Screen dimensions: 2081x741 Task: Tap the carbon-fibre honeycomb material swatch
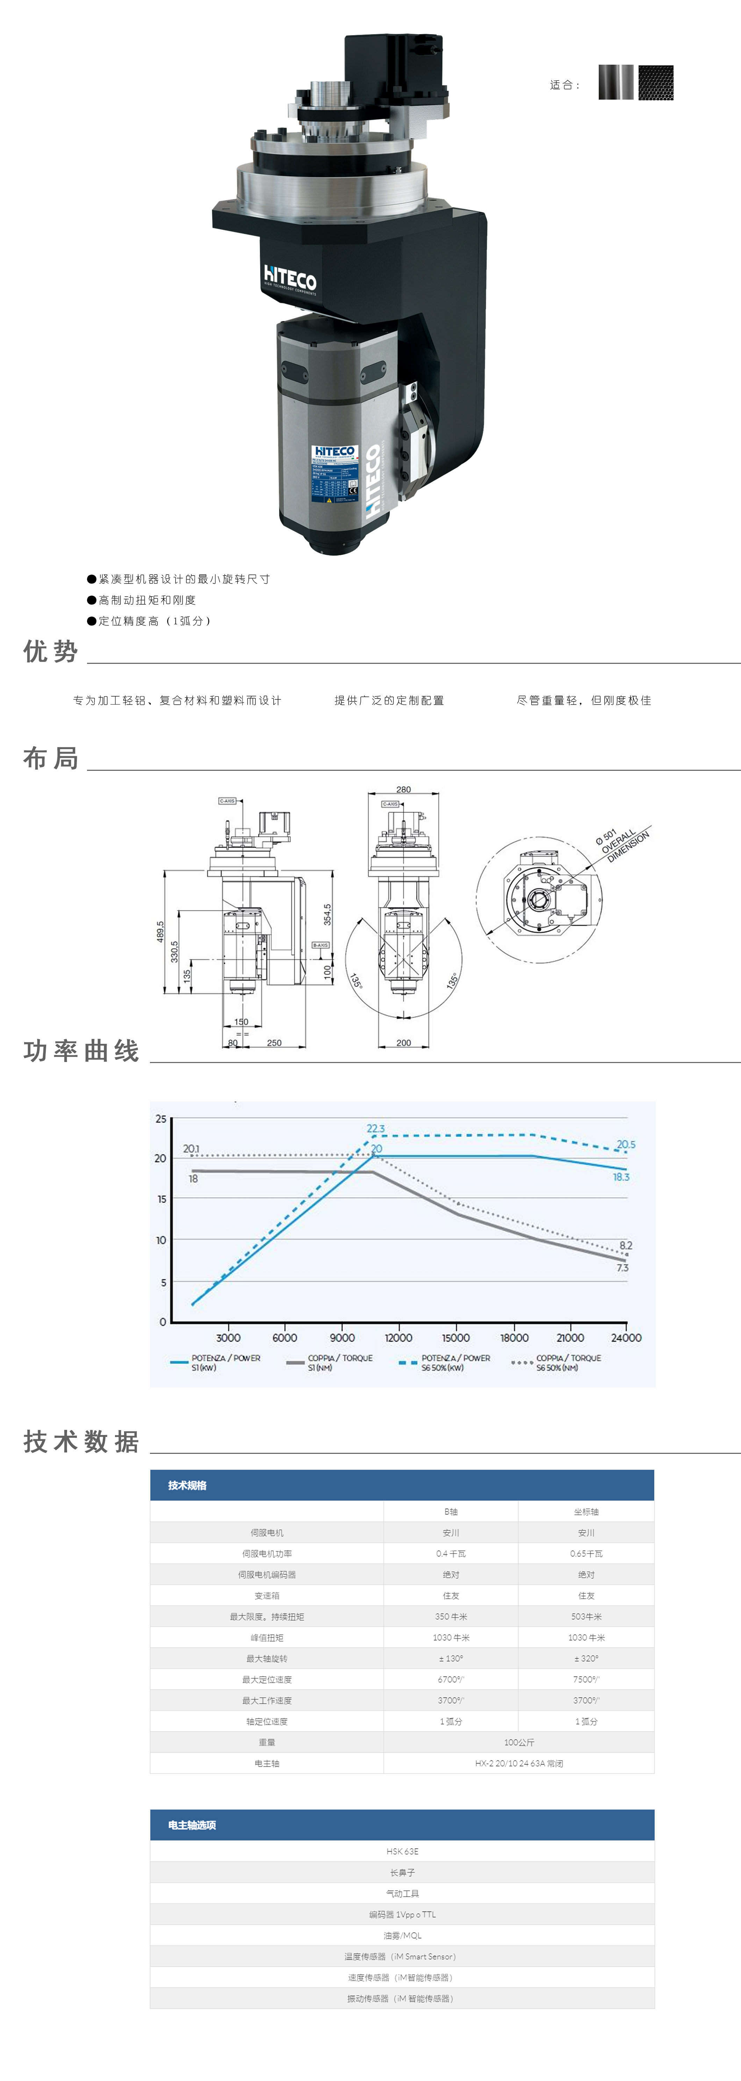tap(655, 82)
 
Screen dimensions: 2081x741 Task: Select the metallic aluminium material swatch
tap(616, 82)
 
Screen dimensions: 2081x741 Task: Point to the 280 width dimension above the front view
tap(403, 789)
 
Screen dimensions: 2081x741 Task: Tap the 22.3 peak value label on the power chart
tap(376, 1128)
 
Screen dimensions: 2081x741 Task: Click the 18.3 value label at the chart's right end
tap(621, 1177)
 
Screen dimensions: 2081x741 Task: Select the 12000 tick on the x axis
tap(398, 1338)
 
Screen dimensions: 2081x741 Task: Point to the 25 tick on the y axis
tap(161, 1119)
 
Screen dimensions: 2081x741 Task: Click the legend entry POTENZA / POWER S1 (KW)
tap(216, 1363)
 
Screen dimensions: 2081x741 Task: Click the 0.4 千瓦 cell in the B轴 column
tap(451, 1553)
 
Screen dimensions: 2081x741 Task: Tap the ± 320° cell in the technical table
tap(586, 1658)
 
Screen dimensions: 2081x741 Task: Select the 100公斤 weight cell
tap(519, 1743)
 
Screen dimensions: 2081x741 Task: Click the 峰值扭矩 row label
tap(267, 1637)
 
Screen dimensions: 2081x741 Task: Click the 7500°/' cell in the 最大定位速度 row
tap(586, 1679)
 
